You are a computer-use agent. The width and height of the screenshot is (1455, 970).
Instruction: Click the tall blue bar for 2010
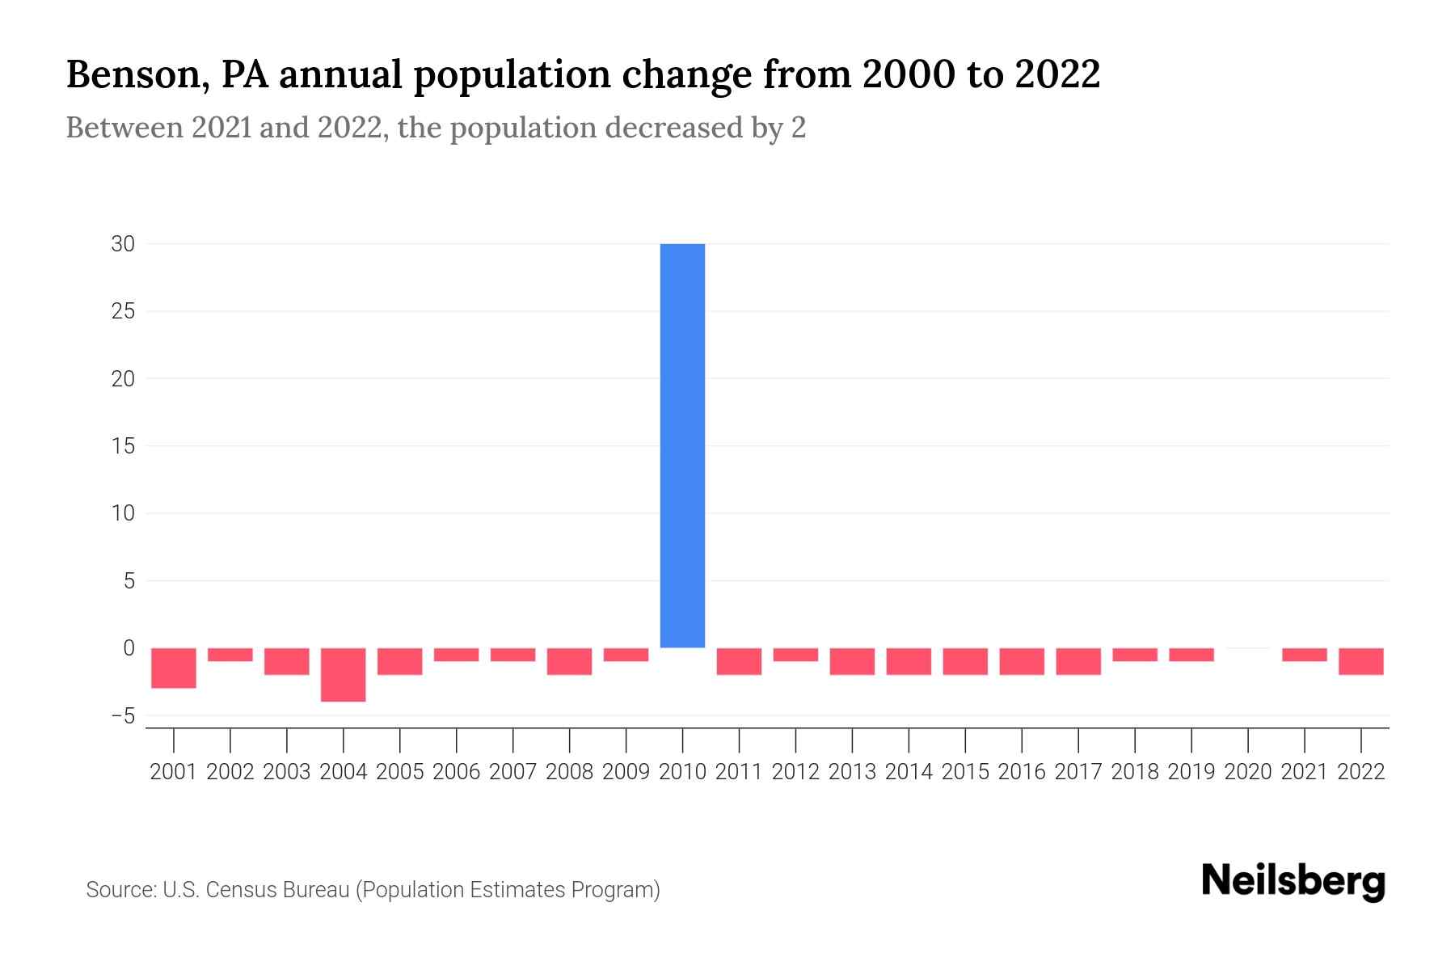(682, 445)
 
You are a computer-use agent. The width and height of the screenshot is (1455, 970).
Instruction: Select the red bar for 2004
(344, 674)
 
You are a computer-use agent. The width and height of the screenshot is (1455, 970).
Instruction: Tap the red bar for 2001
(174, 668)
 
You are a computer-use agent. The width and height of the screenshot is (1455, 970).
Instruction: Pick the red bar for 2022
(1361, 661)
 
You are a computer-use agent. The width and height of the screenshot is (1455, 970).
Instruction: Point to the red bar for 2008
(570, 661)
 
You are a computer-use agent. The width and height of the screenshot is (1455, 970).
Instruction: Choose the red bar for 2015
(965, 661)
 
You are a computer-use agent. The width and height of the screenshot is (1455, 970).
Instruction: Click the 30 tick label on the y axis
(123, 243)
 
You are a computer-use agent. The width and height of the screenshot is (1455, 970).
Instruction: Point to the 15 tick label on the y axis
(123, 445)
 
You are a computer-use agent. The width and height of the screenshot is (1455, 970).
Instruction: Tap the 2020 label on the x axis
(1248, 772)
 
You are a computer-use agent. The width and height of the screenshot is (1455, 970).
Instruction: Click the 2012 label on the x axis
(795, 772)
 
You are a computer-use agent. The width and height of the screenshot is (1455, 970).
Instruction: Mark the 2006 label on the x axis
(457, 772)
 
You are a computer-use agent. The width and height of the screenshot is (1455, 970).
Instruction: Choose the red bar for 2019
(1191, 655)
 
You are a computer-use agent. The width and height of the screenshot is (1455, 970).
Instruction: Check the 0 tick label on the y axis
(129, 647)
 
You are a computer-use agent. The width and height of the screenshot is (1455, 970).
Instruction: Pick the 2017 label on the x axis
(1078, 772)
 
